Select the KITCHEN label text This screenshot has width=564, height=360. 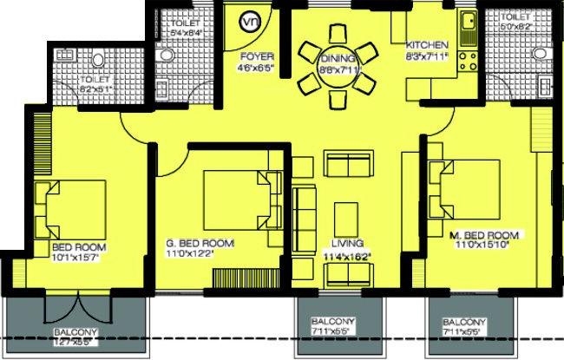428,45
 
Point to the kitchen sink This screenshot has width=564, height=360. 469,27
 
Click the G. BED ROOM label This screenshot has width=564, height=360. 200,243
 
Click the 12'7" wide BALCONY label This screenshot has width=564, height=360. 75,332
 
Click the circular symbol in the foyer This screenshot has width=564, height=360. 251,22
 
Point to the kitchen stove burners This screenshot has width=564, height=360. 469,60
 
